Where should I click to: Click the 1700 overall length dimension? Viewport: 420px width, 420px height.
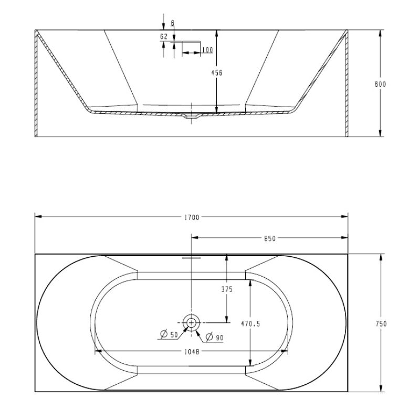click(x=192, y=217)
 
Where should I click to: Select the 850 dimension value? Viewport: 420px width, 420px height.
click(x=269, y=238)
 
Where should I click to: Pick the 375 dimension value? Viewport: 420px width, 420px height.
click(x=227, y=289)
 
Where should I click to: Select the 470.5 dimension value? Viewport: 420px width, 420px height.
click(x=250, y=324)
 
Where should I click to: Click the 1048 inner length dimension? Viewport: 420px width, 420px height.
click(x=191, y=352)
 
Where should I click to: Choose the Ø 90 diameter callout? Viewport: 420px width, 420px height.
click(x=215, y=337)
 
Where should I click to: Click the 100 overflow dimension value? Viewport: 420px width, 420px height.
click(x=207, y=50)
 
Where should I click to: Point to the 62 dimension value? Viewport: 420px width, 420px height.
click(x=164, y=36)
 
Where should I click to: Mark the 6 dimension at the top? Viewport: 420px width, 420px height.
click(x=172, y=24)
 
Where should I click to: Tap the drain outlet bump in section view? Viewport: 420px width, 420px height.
click(x=192, y=117)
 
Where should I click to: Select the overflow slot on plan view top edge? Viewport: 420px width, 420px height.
click(x=192, y=258)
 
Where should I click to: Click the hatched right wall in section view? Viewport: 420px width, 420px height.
click(x=346, y=84)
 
